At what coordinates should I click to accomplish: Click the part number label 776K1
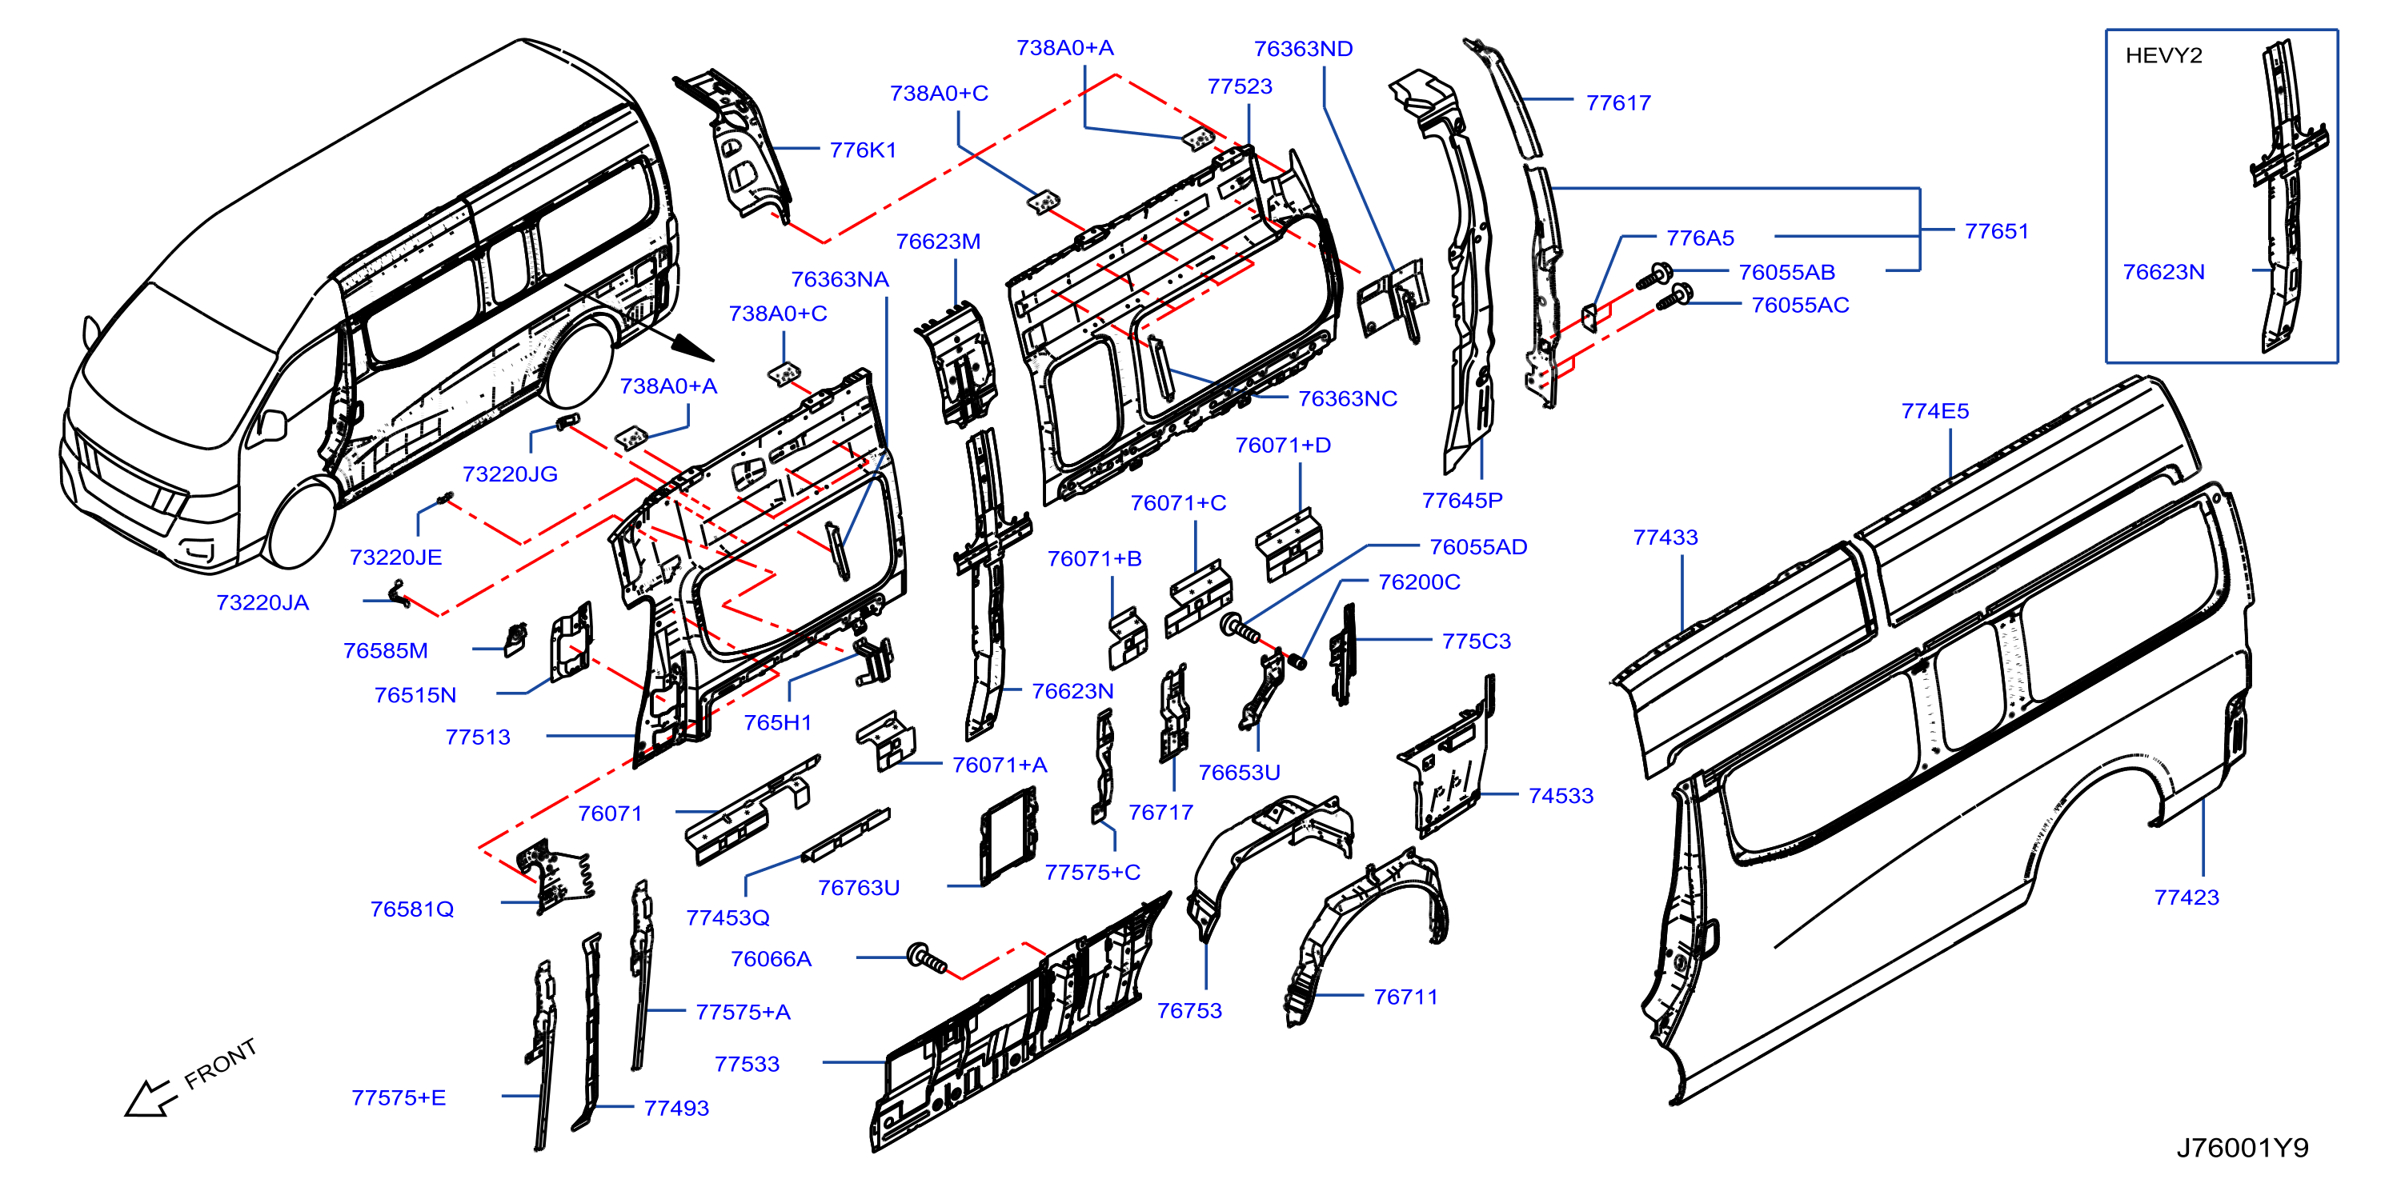tap(863, 150)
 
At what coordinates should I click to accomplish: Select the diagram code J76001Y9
tap(2243, 1148)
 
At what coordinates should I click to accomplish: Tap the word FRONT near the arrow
tap(220, 1063)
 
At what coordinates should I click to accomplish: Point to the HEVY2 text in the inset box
tap(2163, 56)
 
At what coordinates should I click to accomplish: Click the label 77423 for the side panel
tap(2187, 897)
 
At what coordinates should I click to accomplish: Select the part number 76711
tap(1405, 997)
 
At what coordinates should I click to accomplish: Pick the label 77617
tap(1618, 103)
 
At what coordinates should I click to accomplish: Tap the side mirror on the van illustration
tap(271, 424)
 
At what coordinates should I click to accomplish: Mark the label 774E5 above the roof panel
tap(1935, 411)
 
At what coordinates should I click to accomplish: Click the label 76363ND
tap(1303, 49)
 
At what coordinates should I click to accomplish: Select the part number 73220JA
tap(262, 603)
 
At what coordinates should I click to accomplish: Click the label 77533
tap(747, 1064)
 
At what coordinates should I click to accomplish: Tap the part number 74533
tap(1561, 796)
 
